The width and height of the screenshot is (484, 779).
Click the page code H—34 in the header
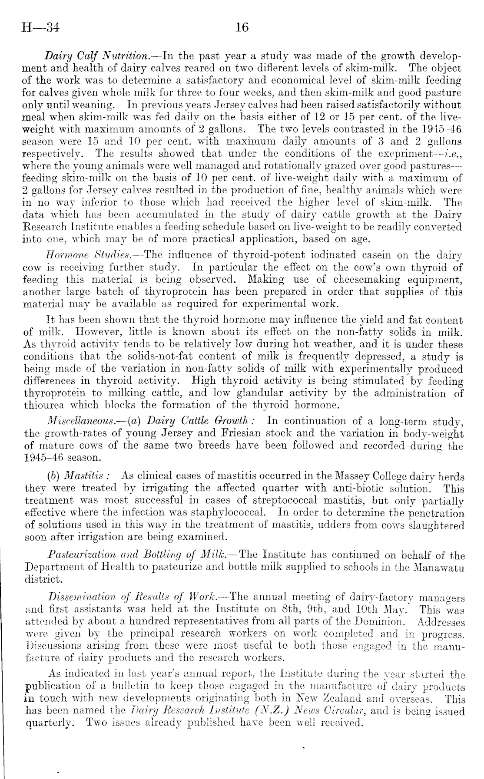click(40, 28)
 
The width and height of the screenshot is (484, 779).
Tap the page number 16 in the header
click(242, 28)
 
